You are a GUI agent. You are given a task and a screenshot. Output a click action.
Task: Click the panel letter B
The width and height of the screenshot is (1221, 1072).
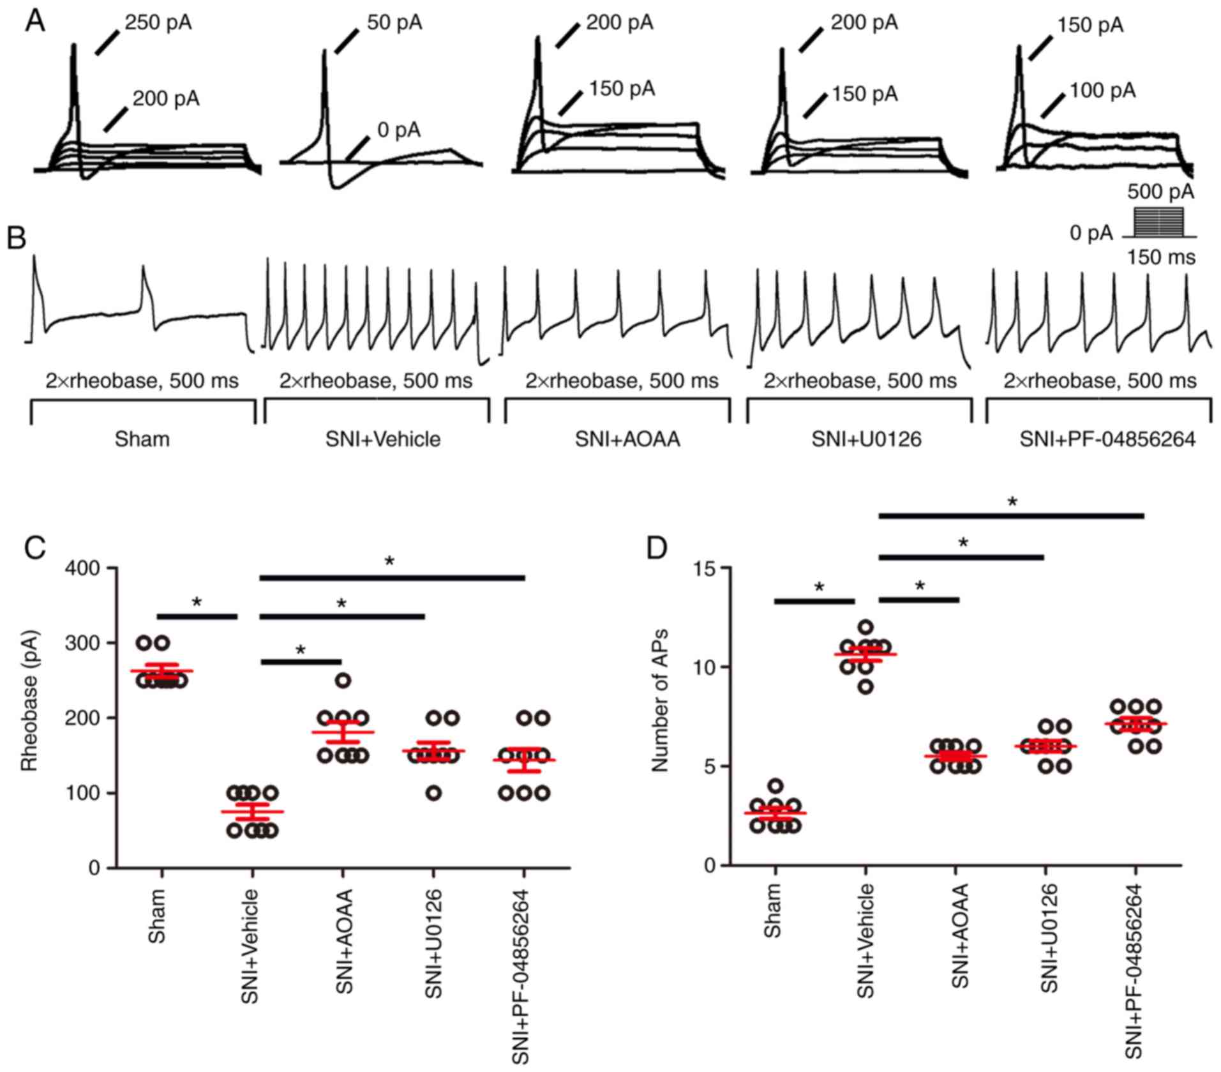17,238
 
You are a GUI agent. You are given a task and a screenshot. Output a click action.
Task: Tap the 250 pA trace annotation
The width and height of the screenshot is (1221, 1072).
158,24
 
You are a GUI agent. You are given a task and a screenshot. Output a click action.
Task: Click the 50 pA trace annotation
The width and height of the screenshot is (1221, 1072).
394,24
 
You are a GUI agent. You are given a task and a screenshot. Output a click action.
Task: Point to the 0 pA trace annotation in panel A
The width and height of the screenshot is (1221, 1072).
399,130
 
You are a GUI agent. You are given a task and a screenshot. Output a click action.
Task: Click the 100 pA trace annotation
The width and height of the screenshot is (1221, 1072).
1102,91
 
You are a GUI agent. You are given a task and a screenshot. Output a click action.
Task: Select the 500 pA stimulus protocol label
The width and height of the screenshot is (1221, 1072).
1160,192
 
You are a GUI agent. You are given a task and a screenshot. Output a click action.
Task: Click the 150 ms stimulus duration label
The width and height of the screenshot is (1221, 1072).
1161,257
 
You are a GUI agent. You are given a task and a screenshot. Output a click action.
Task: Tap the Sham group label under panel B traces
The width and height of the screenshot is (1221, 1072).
142,439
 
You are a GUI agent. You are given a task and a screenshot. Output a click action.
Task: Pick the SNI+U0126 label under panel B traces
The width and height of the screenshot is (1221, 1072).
866,439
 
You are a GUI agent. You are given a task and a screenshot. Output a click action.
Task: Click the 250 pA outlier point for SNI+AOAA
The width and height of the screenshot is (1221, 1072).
343,681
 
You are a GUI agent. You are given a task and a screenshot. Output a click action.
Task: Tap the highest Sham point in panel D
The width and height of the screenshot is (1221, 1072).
775,786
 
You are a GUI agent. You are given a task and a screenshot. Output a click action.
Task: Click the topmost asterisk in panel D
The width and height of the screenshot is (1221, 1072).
1012,502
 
